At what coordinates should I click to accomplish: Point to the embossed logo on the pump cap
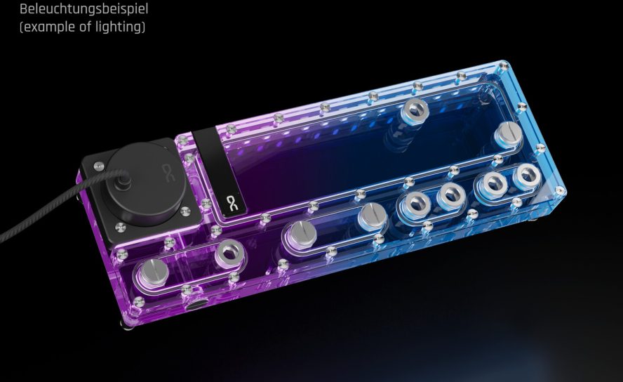coord(167,170)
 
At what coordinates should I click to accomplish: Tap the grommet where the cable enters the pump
coord(125,180)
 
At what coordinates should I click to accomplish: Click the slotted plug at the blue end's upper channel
coord(508,131)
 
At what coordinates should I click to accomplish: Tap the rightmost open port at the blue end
coord(526,177)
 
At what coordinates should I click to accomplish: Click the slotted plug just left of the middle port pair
coord(372,216)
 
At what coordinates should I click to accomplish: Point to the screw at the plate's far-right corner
coord(560,190)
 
